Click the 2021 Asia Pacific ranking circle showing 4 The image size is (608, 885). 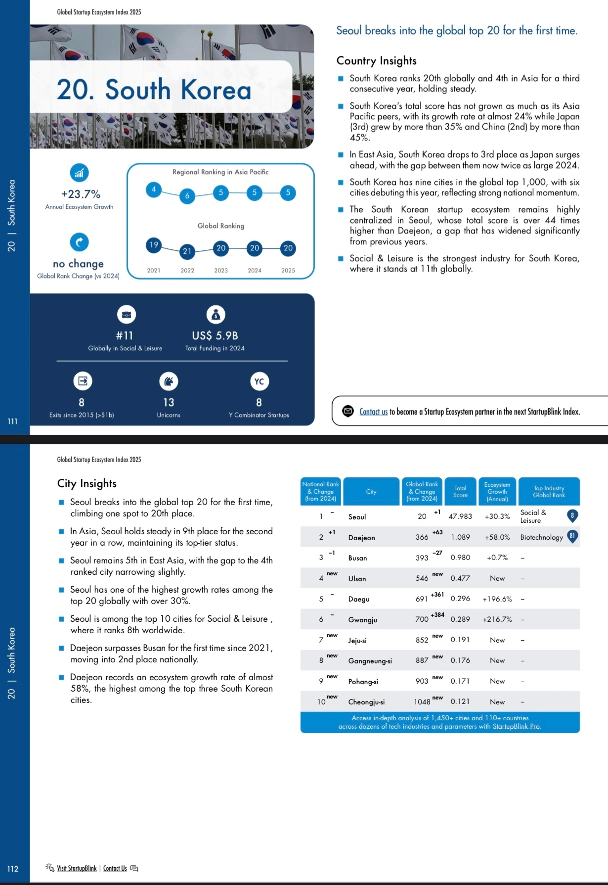154,189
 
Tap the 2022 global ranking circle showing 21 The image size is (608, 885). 187,251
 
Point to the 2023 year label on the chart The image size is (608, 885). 221,271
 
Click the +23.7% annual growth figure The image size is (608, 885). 81,194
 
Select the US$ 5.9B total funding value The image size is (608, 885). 215,335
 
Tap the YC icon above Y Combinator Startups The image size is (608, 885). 259,381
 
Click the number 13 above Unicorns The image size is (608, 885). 169,402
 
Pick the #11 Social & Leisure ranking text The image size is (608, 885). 125,335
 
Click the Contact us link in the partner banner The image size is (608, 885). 373,412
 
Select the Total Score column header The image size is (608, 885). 460,491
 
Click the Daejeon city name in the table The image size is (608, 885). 361,538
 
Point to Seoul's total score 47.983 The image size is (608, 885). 460,516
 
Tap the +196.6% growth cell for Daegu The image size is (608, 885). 497,599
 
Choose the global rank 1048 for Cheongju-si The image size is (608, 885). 422,702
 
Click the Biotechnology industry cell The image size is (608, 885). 541,537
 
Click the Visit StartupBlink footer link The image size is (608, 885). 77,868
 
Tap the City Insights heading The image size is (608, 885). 87,483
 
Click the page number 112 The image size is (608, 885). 13,869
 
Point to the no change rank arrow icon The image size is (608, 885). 79,242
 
